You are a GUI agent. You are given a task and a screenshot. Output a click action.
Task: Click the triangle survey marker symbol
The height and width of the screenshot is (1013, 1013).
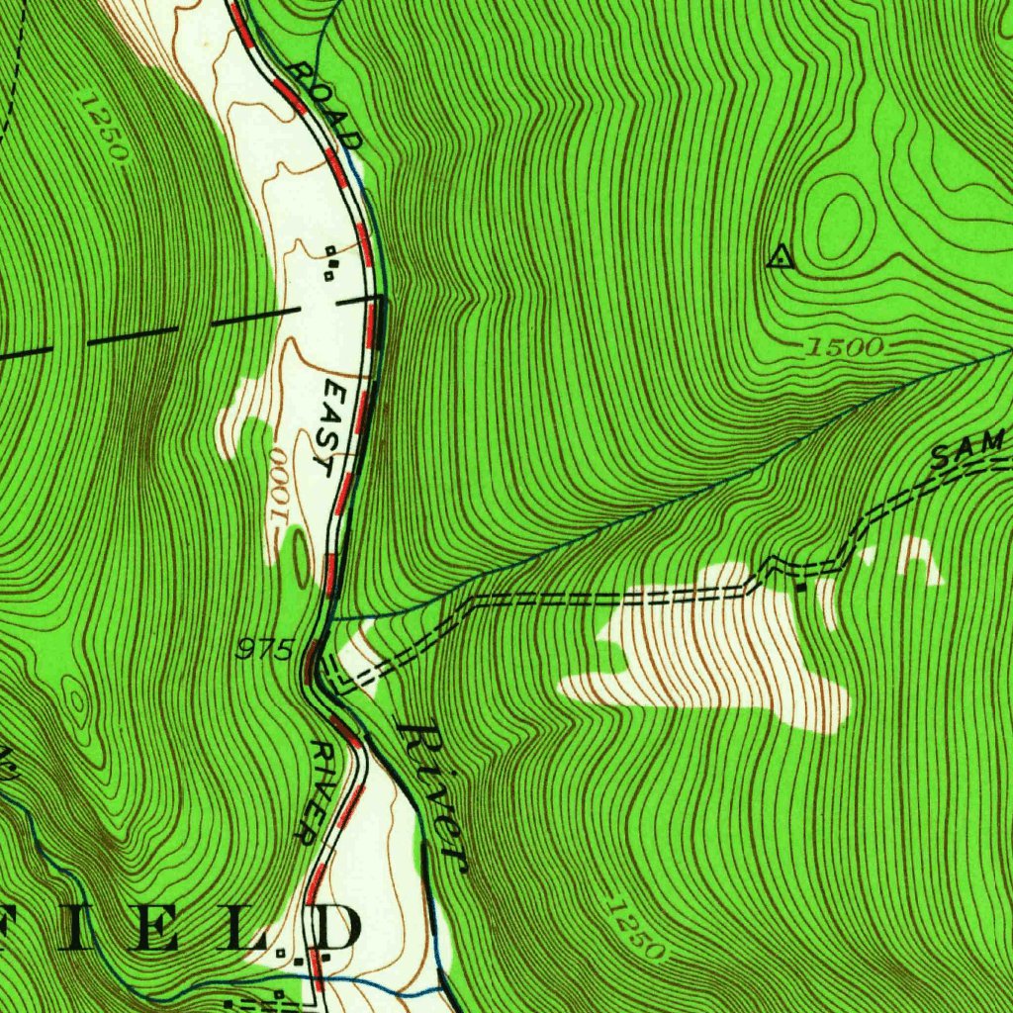pos(781,258)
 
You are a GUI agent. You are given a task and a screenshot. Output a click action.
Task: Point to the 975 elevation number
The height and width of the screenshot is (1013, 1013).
pos(265,650)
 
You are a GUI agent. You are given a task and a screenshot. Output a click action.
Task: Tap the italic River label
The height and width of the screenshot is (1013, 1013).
pos(430,794)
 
